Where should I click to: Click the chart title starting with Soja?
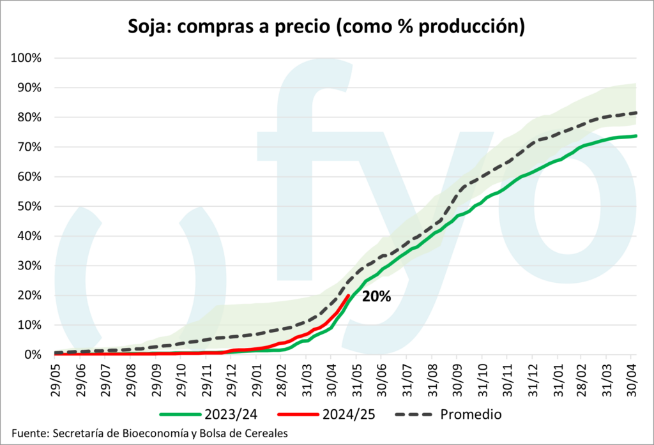pyautogui.click(x=326, y=26)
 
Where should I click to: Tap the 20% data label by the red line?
pyautogui.click(x=376, y=296)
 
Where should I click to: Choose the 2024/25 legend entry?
pyautogui.click(x=337, y=414)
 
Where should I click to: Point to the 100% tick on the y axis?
pyautogui.click(x=26, y=58)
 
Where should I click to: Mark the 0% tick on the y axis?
pyautogui.click(x=32, y=354)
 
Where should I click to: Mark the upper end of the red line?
pyautogui.click(x=348, y=295)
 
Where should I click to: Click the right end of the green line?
pyautogui.click(x=637, y=135)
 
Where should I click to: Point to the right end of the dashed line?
pyautogui.click(x=637, y=113)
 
